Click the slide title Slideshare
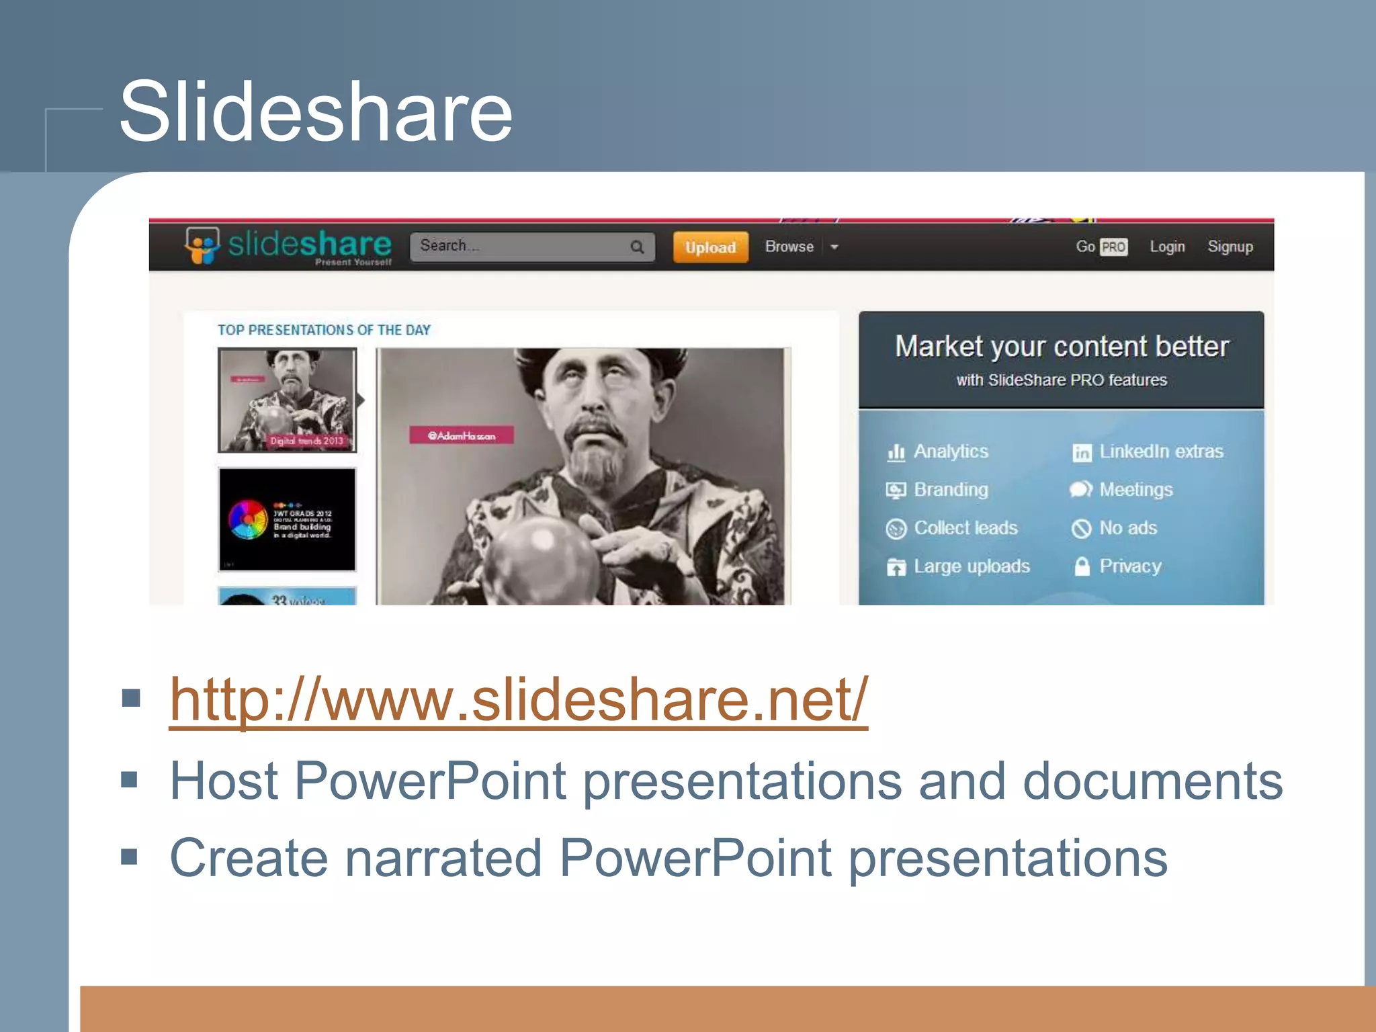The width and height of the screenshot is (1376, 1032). (316, 112)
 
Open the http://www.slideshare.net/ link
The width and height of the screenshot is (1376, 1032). (518, 700)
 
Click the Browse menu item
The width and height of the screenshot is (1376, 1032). (789, 247)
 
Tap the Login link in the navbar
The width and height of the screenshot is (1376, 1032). (1167, 247)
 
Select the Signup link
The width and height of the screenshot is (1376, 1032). (1230, 247)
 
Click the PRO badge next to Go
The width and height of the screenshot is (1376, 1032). (1113, 247)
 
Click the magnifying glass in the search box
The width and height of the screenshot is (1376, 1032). (637, 247)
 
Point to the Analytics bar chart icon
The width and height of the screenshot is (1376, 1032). (896, 452)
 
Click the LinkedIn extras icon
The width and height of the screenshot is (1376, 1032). (1082, 453)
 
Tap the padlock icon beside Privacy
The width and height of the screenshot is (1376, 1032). (1082, 566)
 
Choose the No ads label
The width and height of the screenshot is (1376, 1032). (1128, 528)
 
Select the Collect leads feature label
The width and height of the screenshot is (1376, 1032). (965, 528)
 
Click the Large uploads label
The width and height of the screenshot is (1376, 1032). (972, 566)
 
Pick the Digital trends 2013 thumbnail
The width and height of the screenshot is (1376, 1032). (287, 400)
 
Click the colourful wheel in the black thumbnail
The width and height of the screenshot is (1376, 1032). (248, 519)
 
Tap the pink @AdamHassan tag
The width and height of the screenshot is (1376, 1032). (462, 435)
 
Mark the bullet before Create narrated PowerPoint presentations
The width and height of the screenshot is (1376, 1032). (130, 857)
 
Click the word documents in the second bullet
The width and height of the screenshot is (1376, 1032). (1152, 781)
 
